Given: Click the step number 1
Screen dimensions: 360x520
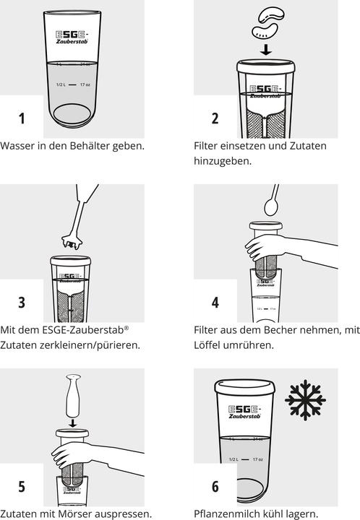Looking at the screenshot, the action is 22,118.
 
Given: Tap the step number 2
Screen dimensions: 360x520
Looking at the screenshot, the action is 215,118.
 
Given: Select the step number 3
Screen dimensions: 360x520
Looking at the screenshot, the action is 22,303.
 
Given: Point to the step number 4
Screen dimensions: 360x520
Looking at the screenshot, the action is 215,303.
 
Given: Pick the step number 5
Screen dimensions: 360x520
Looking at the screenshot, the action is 22,487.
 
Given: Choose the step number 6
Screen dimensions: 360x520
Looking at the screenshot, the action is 215,487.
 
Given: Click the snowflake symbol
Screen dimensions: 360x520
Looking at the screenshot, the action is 305,400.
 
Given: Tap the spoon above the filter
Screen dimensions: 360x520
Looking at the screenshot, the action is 272,200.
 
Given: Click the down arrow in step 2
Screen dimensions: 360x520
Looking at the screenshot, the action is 265,49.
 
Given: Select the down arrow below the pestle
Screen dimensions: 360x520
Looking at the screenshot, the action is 72,422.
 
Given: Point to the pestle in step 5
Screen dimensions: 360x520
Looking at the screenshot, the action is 73,396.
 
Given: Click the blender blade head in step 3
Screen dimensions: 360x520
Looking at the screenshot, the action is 72,242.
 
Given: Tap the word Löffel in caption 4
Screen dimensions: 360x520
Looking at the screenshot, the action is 207,345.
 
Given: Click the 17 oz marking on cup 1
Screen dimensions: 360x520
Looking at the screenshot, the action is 85,84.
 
